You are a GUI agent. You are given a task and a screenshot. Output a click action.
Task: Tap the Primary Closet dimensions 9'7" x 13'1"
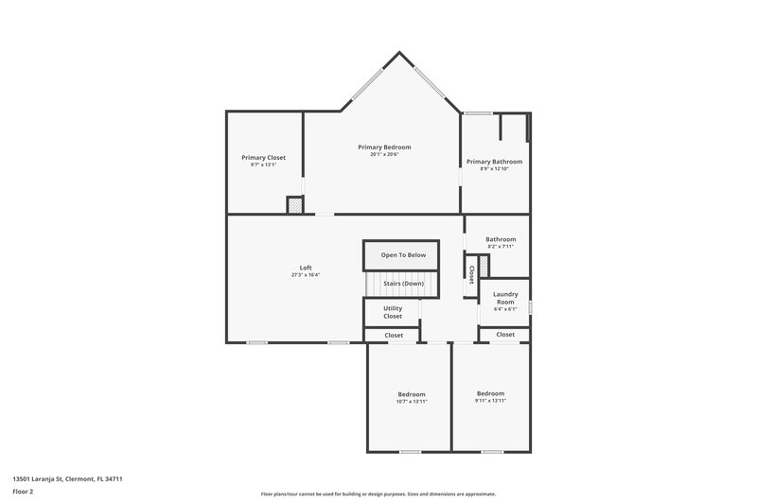263,165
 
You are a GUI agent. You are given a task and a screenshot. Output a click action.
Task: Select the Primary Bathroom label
494,162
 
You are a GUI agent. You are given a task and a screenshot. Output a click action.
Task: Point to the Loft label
306,268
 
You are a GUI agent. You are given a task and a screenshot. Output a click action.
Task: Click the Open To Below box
403,255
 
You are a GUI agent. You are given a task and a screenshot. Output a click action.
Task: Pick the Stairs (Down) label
403,284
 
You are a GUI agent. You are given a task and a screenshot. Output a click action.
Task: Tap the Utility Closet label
393,312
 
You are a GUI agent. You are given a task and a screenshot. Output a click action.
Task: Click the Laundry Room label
505,298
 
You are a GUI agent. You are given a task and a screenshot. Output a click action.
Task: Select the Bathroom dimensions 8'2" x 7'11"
501,247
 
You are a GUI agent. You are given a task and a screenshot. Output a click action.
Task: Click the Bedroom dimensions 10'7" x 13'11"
412,402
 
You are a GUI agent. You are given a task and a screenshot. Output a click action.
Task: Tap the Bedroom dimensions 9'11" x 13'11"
490,401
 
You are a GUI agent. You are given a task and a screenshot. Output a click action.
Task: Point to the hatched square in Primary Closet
295,204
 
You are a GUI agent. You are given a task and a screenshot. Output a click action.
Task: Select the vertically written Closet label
471,274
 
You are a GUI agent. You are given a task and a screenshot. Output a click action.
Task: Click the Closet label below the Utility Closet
394,335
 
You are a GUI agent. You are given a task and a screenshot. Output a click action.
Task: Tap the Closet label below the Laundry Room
505,334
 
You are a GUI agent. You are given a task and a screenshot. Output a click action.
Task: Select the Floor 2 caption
24,492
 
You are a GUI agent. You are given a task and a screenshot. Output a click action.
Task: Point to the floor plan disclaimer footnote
378,494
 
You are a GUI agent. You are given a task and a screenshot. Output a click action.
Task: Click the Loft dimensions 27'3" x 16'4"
306,275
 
